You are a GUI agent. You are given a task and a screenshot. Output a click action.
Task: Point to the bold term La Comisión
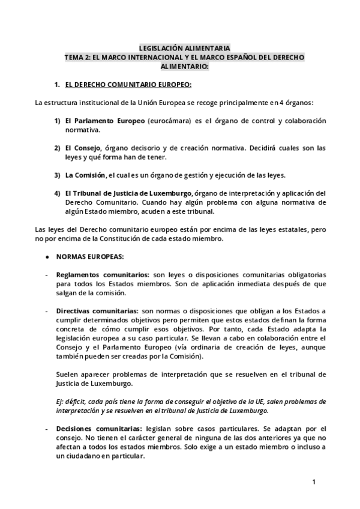coord(85,175)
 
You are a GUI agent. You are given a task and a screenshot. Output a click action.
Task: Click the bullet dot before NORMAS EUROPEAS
coord(47,256)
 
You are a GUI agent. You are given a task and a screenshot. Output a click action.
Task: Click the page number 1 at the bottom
coord(313,482)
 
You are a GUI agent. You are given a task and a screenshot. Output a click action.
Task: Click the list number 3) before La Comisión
coord(58,175)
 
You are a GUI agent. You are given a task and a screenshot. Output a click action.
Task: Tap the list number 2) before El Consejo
coord(58,148)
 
